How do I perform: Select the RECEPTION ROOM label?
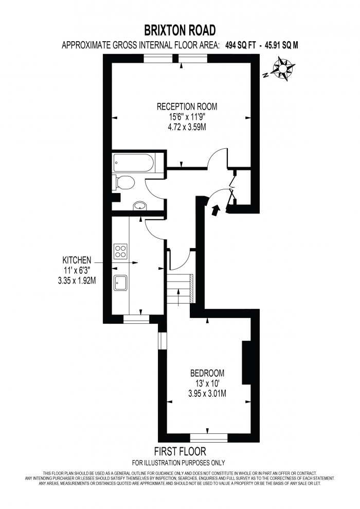tap(187, 107)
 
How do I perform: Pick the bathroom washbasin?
tap(140, 206)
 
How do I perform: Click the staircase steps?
tap(179, 289)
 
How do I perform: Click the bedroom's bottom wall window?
tap(208, 437)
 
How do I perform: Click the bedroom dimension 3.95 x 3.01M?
tap(207, 394)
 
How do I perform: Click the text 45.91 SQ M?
tap(281, 45)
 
